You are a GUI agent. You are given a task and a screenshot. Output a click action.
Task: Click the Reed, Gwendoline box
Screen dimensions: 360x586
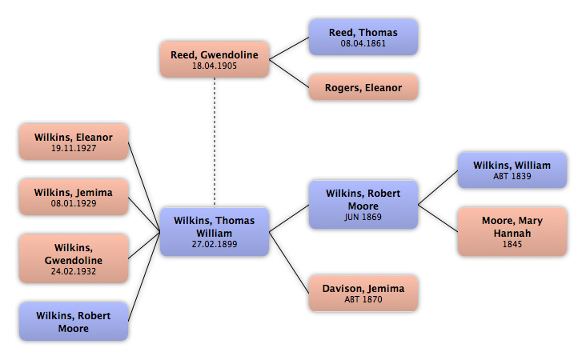tap(214, 61)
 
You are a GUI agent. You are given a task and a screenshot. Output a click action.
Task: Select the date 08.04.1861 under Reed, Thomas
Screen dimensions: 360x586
tap(363, 44)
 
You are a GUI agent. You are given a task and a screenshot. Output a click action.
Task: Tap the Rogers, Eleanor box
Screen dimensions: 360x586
tap(363, 87)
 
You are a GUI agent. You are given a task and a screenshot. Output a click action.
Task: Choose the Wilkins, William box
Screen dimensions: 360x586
tap(512, 170)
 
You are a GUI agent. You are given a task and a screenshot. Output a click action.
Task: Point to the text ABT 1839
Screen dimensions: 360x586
tap(512, 177)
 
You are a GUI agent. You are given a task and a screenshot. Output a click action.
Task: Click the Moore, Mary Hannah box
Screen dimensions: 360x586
tap(512, 232)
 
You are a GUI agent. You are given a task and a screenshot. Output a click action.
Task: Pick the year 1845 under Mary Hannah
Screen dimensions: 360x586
tap(512, 244)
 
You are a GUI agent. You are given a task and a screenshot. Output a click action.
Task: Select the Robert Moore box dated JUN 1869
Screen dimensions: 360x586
tap(363, 204)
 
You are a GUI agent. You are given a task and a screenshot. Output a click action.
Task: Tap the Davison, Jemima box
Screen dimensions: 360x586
tap(363, 294)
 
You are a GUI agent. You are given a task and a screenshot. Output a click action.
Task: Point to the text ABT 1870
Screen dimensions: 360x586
tap(363, 300)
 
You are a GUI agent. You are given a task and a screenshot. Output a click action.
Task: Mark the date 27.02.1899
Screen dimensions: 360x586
tap(214, 244)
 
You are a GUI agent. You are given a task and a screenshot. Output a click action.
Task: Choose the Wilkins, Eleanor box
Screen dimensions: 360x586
tap(73, 142)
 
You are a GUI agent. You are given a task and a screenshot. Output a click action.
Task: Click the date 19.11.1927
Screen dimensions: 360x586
tap(73, 149)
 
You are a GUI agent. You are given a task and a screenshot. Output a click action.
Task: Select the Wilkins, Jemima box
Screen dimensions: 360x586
tap(73, 197)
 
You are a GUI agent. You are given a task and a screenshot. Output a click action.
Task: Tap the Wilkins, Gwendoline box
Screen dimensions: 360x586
tap(73, 259)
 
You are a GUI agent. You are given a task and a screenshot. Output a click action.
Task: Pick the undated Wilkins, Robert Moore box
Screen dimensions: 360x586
tap(73, 322)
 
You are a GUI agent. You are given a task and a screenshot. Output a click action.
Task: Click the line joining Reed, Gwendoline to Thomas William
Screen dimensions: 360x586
tap(214, 144)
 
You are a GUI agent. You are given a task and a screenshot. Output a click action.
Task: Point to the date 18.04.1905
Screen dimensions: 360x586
tap(214, 67)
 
